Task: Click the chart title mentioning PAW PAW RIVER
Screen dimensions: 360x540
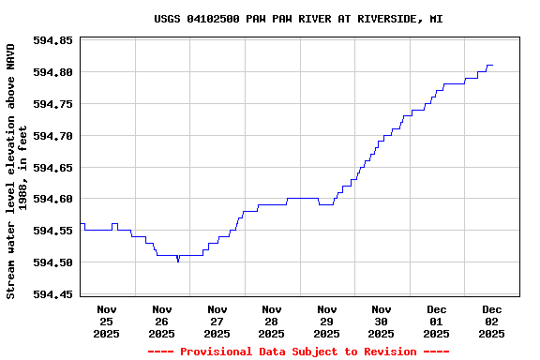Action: pos(298,19)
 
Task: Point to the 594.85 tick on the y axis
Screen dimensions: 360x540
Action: pos(53,41)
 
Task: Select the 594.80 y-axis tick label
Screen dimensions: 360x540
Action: pos(53,72)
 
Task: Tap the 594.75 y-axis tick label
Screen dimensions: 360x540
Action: pos(53,104)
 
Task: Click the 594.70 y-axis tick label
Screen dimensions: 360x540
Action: pos(53,136)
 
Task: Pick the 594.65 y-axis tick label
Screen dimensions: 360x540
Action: pos(53,168)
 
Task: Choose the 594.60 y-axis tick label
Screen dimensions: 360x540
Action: pos(53,199)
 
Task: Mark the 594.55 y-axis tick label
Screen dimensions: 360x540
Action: pos(53,231)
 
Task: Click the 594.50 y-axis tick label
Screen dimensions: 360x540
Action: pos(53,262)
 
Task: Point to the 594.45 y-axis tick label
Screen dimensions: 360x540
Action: pos(53,294)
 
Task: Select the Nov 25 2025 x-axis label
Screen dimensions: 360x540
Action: pos(107,321)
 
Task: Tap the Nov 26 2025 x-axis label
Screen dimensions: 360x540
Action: pos(162,321)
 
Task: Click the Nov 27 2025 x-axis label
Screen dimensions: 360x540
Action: pos(217,321)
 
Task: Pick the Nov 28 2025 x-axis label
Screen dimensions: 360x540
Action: pos(272,321)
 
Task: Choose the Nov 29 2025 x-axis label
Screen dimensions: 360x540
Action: pos(326,321)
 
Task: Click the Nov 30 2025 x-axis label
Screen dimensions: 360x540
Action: pos(382,321)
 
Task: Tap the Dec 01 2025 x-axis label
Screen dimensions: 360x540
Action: pos(436,321)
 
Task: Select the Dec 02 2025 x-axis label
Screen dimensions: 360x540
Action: pos(491,321)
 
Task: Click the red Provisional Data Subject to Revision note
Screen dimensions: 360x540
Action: pos(298,352)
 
